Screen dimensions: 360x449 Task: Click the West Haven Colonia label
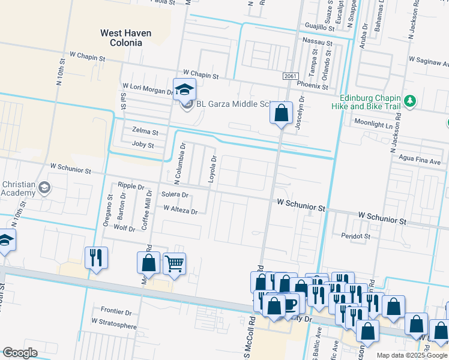(125, 38)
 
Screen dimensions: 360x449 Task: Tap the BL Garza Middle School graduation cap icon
(184, 89)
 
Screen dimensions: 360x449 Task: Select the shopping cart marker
(174, 263)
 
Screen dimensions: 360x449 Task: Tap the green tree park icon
(411, 101)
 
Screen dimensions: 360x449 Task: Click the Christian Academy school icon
(44, 188)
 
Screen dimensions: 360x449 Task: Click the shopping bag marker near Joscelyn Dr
(281, 112)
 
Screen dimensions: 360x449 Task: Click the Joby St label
(143, 145)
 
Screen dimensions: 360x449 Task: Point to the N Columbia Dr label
(177, 164)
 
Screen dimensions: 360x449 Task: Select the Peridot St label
(355, 236)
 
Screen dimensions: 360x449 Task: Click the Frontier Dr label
(116, 312)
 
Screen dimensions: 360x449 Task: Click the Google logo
(20, 353)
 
